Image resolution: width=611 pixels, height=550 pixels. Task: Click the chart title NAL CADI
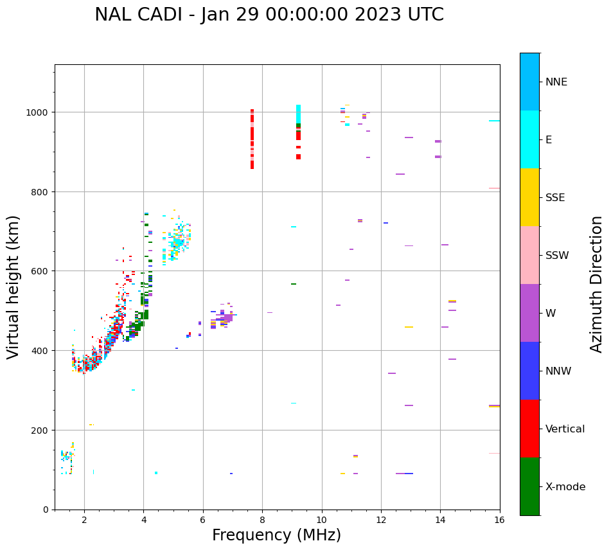coord(269,15)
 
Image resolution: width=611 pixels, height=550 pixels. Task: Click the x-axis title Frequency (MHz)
coord(276,535)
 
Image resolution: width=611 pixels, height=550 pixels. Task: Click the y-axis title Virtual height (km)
coord(13,287)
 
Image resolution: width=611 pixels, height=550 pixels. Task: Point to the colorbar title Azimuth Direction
coord(596,284)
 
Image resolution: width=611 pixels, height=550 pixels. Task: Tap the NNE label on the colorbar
coord(556,82)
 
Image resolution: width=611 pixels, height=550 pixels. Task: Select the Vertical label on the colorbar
coord(565,429)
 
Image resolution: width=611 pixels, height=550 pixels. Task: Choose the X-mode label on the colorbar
coord(565,486)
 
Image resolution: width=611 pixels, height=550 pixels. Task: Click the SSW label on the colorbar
coord(557,255)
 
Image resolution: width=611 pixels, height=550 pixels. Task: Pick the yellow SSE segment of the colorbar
coord(529,197)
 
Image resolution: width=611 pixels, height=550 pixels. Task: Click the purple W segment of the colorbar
coord(529,313)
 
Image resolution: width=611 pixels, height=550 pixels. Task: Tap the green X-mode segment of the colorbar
coord(529,486)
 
